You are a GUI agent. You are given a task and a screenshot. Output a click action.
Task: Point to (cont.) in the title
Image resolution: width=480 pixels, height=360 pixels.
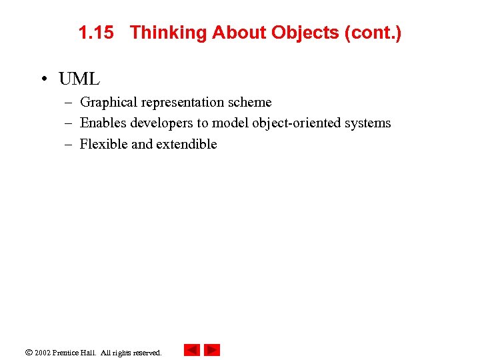pyautogui.click(x=373, y=33)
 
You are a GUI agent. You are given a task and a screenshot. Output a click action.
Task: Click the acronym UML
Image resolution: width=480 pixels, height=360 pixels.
pyautogui.click(x=79, y=79)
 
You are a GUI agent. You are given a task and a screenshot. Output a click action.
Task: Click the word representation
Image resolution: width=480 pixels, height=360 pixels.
pyautogui.click(x=183, y=103)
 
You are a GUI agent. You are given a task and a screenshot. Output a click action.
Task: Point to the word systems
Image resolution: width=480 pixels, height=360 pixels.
pyautogui.click(x=368, y=123)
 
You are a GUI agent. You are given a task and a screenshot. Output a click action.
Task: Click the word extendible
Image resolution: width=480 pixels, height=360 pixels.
pyautogui.click(x=187, y=144)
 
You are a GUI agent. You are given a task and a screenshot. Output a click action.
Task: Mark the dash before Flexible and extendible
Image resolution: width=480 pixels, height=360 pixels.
pyautogui.click(x=68, y=144)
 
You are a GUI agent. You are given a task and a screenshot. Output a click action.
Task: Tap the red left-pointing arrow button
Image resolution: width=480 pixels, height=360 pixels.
pyautogui.click(x=192, y=350)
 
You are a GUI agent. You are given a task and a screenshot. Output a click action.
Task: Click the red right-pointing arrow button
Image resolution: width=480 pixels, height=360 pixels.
pyautogui.click(x=212, y=350)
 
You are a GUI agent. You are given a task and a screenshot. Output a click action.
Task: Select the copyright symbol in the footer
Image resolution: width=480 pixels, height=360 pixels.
pyautogui.click(x=29, y=352)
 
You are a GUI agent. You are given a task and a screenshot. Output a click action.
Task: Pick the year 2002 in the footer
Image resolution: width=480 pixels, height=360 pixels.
pyautogui.click(x=43, y=353)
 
